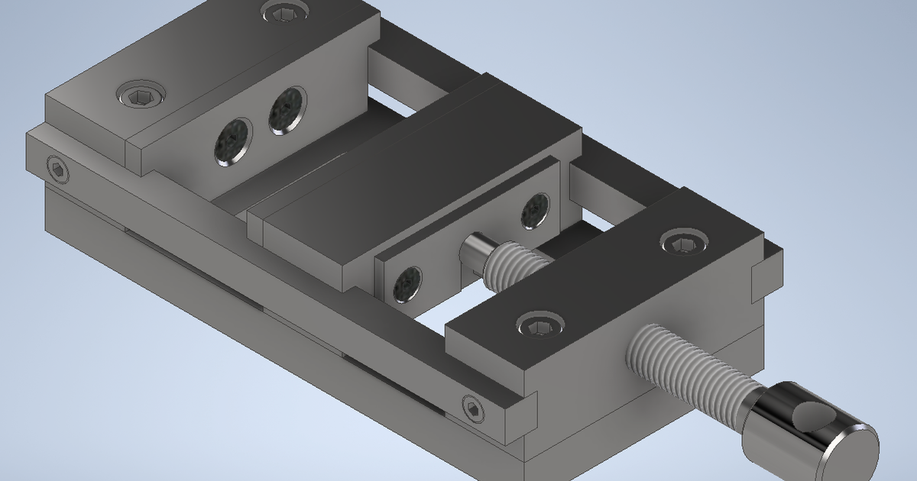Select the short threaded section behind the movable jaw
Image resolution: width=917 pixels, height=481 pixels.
coord(520,263)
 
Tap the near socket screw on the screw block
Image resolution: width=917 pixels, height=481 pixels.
coord(540,324)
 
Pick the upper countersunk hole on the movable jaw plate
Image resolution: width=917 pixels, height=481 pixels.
coord(535,210)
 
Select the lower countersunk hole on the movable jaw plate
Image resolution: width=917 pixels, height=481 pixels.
coord(407,284)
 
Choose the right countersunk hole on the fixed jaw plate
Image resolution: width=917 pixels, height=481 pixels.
coord(287,110)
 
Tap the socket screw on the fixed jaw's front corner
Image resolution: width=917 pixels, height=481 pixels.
coord(142,96)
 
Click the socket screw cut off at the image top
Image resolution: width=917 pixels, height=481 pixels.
coord(285,9)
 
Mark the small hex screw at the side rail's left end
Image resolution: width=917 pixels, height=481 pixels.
coord(57,169)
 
